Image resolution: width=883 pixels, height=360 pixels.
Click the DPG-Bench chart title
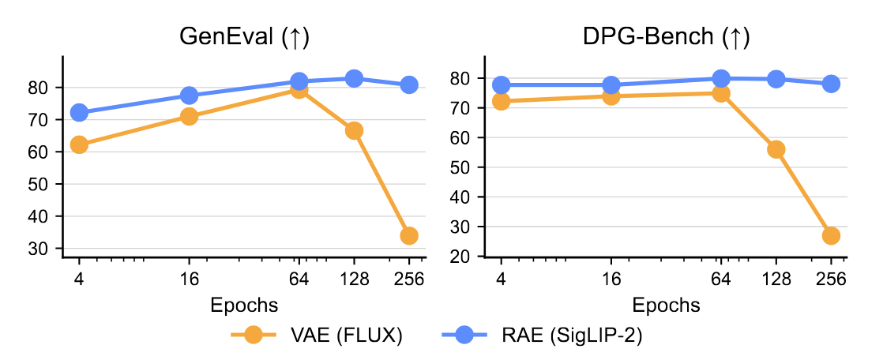tap(665, 38)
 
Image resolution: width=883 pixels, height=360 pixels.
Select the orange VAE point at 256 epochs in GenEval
tap(409, 235)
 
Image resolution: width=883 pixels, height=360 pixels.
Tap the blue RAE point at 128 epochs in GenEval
tap(354, 78)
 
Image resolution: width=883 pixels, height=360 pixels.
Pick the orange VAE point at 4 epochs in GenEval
tap(79, 144)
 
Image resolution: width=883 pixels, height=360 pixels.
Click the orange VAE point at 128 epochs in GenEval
tap(354, 130)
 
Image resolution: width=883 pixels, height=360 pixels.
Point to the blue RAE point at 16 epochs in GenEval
tap(189, 96)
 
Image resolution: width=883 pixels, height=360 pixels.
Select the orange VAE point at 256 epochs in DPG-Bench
tap(831, 235)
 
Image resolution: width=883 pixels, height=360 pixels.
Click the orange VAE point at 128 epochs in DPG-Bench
tap(776, 149)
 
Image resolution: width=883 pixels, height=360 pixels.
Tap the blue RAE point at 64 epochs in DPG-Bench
tap(720, 78)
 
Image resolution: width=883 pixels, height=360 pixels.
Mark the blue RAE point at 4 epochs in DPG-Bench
tap(501, 84)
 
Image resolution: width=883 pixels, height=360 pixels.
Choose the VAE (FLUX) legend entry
tap(316, 335)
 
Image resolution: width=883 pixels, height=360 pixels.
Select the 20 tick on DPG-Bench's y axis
tap(467, 257)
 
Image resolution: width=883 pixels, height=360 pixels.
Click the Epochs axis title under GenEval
tap(243, 305)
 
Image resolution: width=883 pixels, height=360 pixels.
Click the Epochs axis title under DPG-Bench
tap(665, 305)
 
